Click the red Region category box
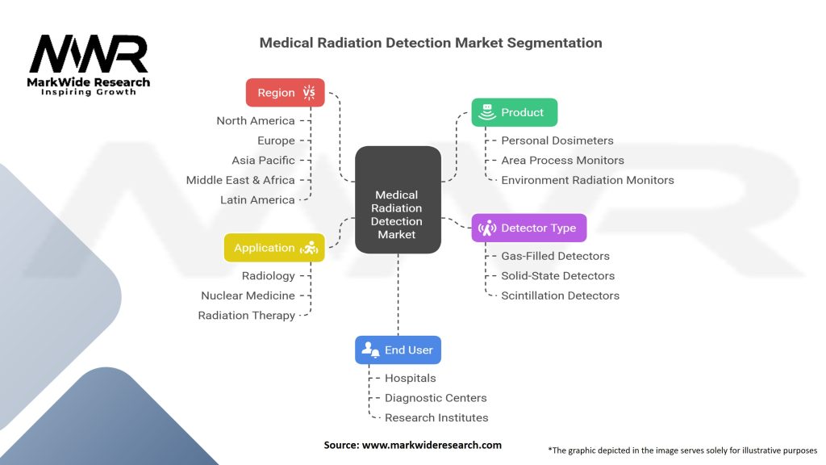tap(286, 93)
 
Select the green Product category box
tap(515, 113)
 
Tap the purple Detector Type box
tap(529, 228)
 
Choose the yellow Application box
tap(274, 248)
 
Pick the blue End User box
tap(398, 350)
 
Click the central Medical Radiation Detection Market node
tap(398, 215)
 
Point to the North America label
tap(255, 121)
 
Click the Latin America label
tap(257, 200)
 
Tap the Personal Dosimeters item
tap(557, 140)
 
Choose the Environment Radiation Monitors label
tap(587, 180)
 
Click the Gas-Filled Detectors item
tap(555, 256)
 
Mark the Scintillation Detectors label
tap(560, 295)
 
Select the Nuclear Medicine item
tap(248, 295)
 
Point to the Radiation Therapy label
tap(246, 316)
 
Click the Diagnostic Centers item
tap(436, 398)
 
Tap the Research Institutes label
tap(436, 418)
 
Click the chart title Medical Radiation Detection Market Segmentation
tap(431, 43)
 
